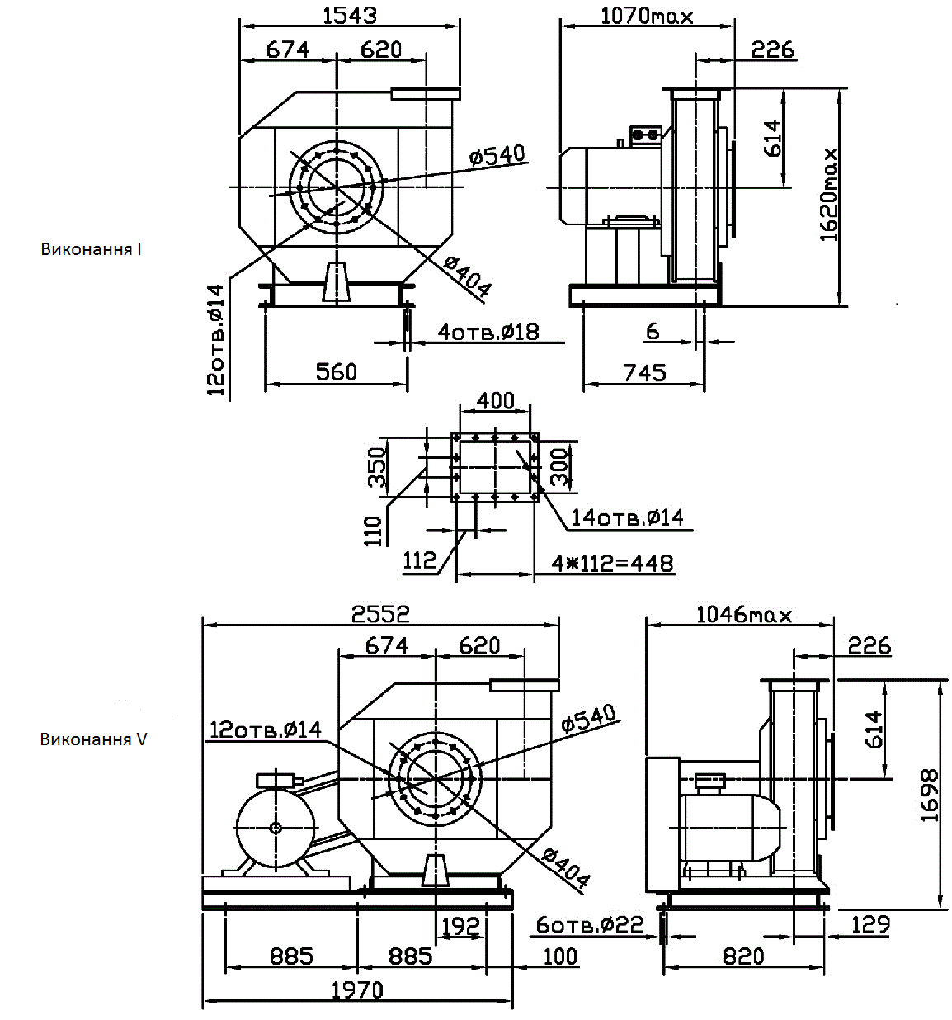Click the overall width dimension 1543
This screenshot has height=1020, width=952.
click(350, 15)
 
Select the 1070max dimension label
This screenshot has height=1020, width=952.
click(647, 15)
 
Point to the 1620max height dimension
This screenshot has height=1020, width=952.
click(829, 195)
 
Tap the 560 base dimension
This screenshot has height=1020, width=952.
click(337, 371)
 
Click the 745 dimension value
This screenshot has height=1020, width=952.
click(644, 372)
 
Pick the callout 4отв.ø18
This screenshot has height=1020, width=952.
click(488, 332)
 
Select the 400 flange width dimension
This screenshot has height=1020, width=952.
click(496, 400)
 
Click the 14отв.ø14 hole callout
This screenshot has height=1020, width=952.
click(628, 517)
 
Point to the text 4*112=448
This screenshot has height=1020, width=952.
click(613, 563)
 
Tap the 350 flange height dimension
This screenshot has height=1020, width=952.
click(377, 467)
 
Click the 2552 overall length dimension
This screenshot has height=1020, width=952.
click(380, 613)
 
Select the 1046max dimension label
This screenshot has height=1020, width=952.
click(743, 614)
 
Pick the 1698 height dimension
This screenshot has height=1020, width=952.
click(930, 796)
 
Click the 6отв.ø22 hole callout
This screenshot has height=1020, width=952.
click(589, 925)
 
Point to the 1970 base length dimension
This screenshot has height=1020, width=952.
click(357, 989)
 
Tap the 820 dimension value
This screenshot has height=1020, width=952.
click(743, 956)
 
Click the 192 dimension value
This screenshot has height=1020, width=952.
click(460, 927)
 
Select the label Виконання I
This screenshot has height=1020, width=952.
click(92, 248)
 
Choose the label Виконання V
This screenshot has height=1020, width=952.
click(93, 739)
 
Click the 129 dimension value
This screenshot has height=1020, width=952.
click(870, 924)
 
